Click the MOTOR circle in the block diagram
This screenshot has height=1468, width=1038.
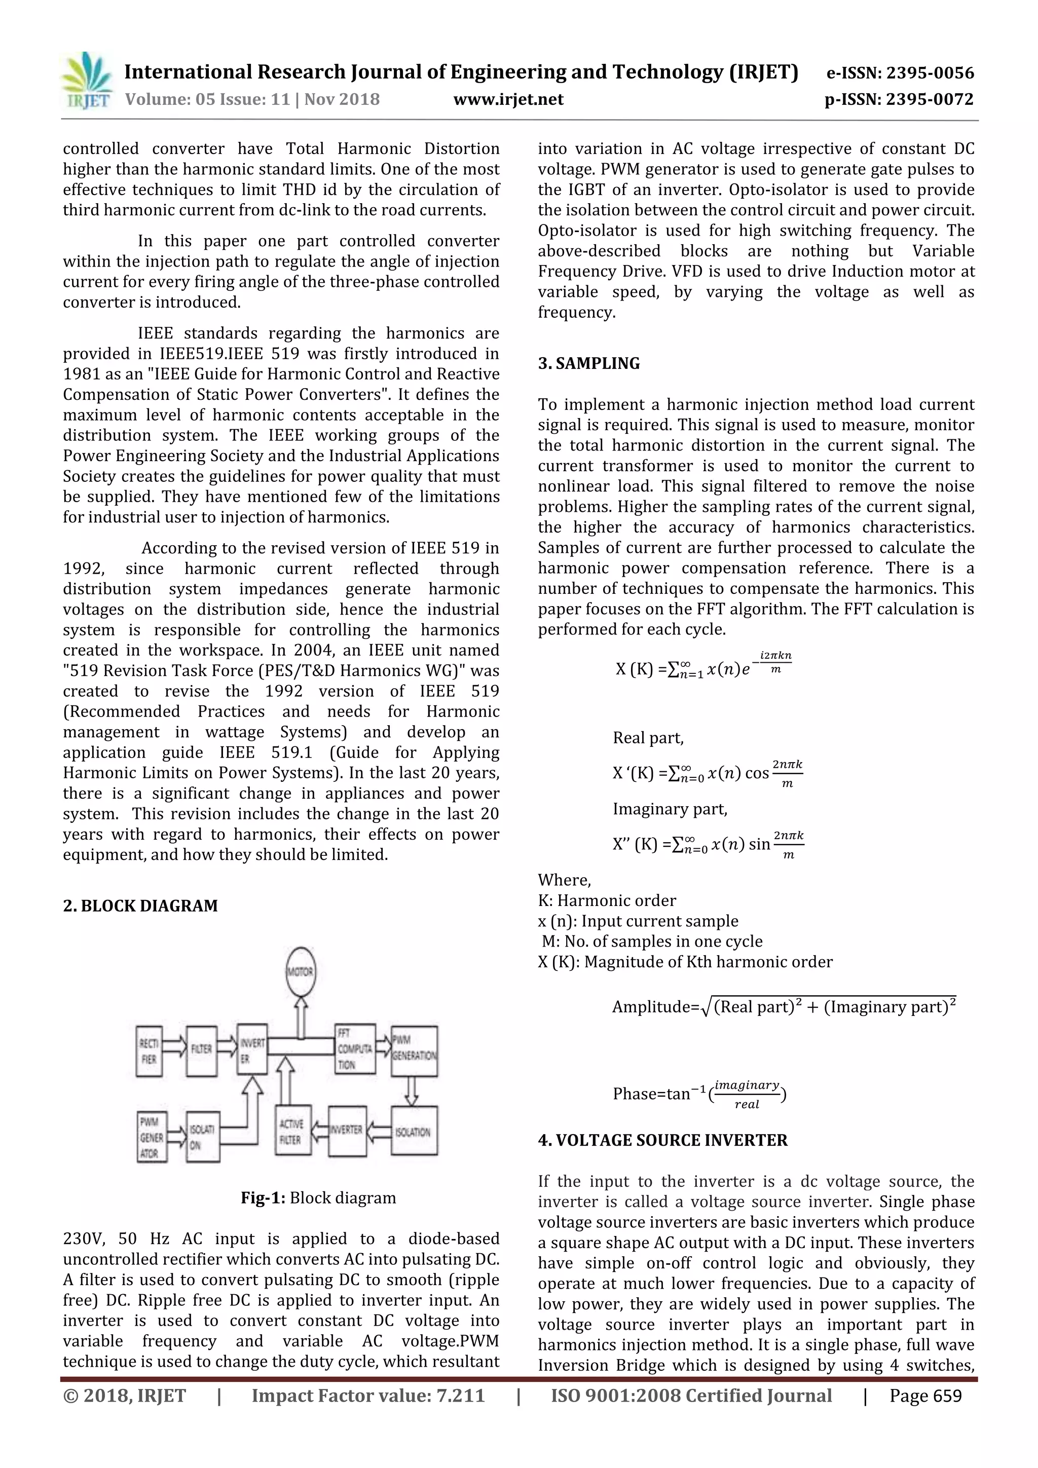pyautogui.click(x=300, y=972)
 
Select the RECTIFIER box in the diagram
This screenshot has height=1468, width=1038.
pyautogui.click(x=149, y=1051)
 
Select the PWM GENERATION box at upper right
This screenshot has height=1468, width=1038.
pyautogui.click(x=415, y=1051)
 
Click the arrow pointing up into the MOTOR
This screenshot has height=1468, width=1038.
pyautogui.click(x=300, y=1017)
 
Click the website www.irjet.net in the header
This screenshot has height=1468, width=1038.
pyautogui.click(x=508, y=100)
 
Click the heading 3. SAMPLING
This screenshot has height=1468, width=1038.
pyautogui.click(x=588, y=363)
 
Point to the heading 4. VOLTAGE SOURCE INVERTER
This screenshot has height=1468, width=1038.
pyautogui.click(x=662, y=1140)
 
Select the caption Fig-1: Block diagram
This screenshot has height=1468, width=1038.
pyautogui.click(x=318, y=1197)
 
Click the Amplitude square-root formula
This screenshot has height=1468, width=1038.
pyautogui.click(x=784, y=1006)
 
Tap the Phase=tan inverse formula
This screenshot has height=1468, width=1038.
pyautogui.click(x=699, y=1094)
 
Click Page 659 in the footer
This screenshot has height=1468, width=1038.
pyautogui.click(x=925, y=1396)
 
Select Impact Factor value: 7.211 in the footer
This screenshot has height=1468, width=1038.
pyautogui.click(x=368, y=1396)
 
